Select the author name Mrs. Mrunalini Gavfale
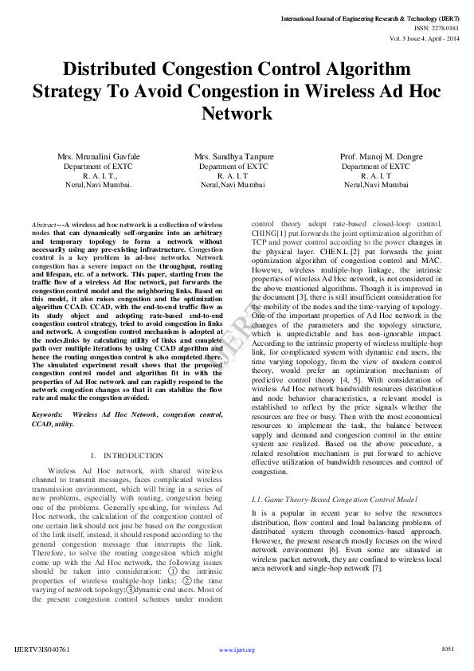tap(99, 156)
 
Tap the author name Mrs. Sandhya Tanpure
tap(233, 156)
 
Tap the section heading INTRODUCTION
tap(132, 456)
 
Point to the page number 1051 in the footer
tap(448, 649)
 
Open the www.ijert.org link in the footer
tap(237, 649)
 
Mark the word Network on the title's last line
tap(237, 113)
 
